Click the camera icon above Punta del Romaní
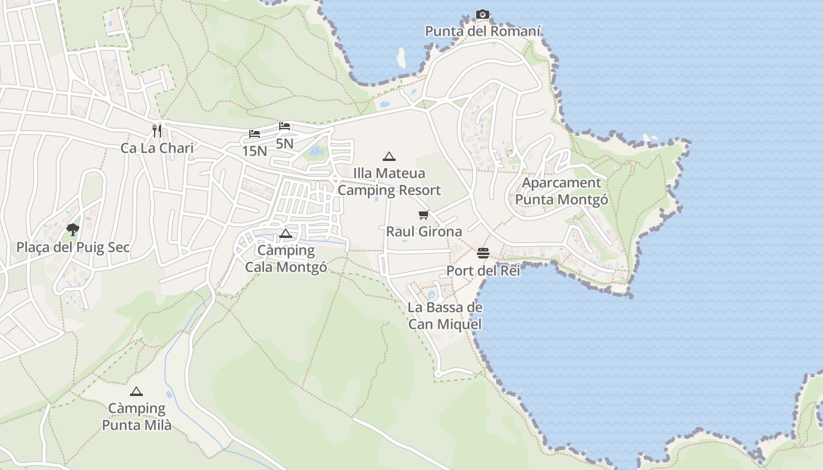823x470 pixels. pyautogui.click(x=483, y=14)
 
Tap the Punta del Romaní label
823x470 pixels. pyautogui.click(x=483, y=31)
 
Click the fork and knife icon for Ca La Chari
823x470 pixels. pyautogui.click(x=156, y=130)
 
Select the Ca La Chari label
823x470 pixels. pyautogui.click(x=157, y=148)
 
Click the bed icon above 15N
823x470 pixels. pyautogui.click(x=255, y=134)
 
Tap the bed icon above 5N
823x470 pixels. pyautogui.click(x=285, y=126)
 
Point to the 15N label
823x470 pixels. pyautogui.click(x=255, y=151)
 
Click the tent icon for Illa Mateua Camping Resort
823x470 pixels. pyautogui.click(x=389, y=156)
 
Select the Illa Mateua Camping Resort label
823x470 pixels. pyautogui.click(x=389, y=182)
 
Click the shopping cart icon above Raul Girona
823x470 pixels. pyautogui.click(x=424, y=214)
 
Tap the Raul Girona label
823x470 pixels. pyautogui.click(x=424, y=231)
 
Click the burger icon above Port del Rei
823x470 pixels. pyautogui.click(x=483, y=253)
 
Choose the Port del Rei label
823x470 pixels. pyautogui.click(x=483, y=271)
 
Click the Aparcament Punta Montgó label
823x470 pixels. pyautogui.click(x=561, y=192)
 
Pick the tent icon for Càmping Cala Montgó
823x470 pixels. pyautogui.click(x=286, y=233)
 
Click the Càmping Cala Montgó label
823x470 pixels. pyautogui.click(x=286, y=259)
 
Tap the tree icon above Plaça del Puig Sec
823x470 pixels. pyautogui.click(x=73, y=229)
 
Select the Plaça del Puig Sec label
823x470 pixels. pyautogui.click(x=73, y=247)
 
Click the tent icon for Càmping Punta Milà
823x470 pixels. pyautogui.click(x=136, y=391)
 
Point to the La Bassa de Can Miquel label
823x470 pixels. pyautogui.click(x=445, y=316)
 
